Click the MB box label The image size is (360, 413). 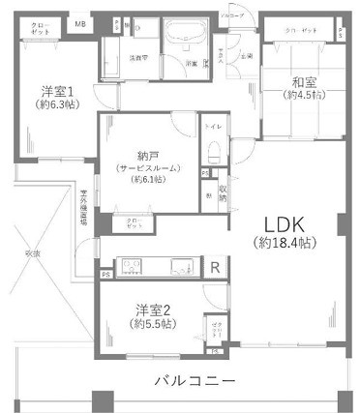[x=80, y=24]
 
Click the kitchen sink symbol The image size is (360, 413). [x=178, y=266]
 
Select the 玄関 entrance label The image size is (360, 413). [x=247, y=55]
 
